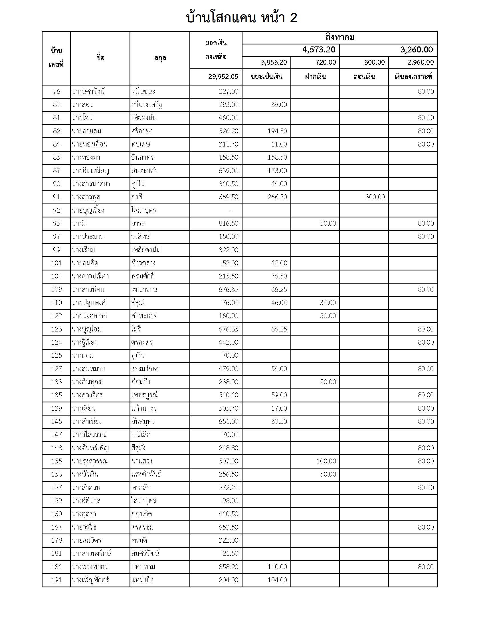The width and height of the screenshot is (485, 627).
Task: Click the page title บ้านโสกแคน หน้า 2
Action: tap(242, 18)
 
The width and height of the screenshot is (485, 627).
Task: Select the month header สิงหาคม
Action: tap(339, 38)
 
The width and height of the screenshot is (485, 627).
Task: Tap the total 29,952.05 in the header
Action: tap(223, 77)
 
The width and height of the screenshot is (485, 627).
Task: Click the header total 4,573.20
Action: tap(319, 50)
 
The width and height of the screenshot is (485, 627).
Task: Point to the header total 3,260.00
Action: tap(416, 50)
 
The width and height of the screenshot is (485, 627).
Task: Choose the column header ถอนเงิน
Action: tap(364, 77)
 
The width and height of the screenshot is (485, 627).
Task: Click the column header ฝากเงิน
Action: tap(315, 77)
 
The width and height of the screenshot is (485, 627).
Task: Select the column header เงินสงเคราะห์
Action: tap(413, 77)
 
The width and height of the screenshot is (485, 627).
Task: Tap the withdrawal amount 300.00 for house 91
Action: tap(375, 197)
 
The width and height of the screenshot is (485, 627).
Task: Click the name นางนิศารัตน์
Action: tap(88, 91)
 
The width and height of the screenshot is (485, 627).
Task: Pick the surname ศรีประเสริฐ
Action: tap(147, 105)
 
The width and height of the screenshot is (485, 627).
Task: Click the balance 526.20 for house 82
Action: tap(228, 131)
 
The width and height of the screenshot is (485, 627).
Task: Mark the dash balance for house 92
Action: tap(230, 210)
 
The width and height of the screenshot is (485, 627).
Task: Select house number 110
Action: tap(56, 303)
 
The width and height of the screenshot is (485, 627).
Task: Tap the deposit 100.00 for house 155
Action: tap(326, 461)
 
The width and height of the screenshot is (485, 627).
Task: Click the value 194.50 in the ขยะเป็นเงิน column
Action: tap(277, 131)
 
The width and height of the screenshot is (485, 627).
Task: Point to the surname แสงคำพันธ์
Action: tap(146, 474)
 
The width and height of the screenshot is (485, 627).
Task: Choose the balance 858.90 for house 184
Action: tap(228, 567)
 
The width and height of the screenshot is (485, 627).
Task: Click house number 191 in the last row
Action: tap(56, 580)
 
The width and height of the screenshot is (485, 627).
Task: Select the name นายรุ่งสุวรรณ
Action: tap(90, 461)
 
